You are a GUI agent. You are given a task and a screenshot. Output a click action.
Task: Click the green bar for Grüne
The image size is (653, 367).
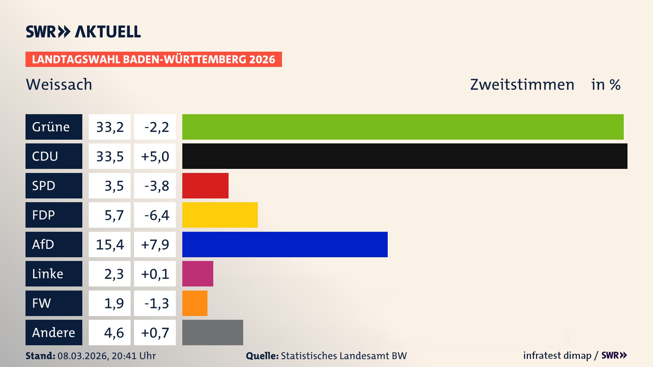coord(403,127)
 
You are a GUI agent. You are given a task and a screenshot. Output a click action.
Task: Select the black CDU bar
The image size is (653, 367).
coord(405,156)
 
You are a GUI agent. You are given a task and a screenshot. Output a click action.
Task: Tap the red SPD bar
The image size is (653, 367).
coord(205,186)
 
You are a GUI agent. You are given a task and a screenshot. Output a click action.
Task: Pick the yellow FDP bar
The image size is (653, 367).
coord(220,215)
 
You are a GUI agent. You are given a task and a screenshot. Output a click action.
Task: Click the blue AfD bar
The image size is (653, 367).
coord(285,244)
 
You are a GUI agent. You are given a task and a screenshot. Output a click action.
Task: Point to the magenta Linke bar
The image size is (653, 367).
coord(198,274)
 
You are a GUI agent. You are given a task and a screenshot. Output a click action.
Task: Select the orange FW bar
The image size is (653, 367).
coord(195,303)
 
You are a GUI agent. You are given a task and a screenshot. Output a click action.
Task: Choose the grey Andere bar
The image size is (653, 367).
coord(213,332)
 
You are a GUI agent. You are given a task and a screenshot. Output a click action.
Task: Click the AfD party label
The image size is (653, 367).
coord(54,244)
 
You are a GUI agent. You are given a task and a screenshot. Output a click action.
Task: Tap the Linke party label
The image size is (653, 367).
coord(54,274)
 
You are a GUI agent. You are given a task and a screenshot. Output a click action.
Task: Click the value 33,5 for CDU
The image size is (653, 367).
coord(110,156)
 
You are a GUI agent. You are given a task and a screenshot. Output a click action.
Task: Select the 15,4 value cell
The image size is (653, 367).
coord(110,244)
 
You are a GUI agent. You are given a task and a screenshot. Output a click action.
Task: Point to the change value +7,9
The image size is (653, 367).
coord(155,244)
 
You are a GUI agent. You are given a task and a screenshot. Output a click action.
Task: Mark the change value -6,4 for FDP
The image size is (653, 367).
coord(155,215)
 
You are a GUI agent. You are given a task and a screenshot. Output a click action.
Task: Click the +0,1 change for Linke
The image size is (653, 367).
coord(155,274)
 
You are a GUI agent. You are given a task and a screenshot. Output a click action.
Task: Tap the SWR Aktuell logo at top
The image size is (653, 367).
coord(83,32)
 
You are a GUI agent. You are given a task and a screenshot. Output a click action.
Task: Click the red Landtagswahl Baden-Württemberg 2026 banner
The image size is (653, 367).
coord(153,59)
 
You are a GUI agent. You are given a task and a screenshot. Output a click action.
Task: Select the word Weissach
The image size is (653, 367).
coord(59,84)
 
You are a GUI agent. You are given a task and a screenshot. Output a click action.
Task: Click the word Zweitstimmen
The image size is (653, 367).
coord(522,84)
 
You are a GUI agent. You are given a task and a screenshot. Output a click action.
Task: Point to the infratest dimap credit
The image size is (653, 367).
coord(557,355)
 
